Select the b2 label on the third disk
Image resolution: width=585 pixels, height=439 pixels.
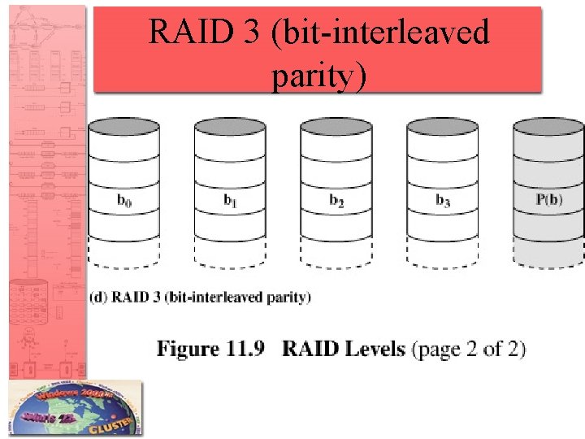click(336, 200)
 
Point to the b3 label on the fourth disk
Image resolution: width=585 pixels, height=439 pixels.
click(443, 200)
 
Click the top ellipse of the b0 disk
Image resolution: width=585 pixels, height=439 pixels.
click(124, 127)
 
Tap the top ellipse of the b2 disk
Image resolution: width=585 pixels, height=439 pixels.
click(336, 127)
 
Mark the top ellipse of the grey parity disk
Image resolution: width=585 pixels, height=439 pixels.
click(548, 127)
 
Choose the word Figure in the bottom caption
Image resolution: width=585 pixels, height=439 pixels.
click(188, 350)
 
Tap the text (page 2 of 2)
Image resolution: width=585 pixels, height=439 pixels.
click(469, 350)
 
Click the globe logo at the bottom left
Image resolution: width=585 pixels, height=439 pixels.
click(75, 410)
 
